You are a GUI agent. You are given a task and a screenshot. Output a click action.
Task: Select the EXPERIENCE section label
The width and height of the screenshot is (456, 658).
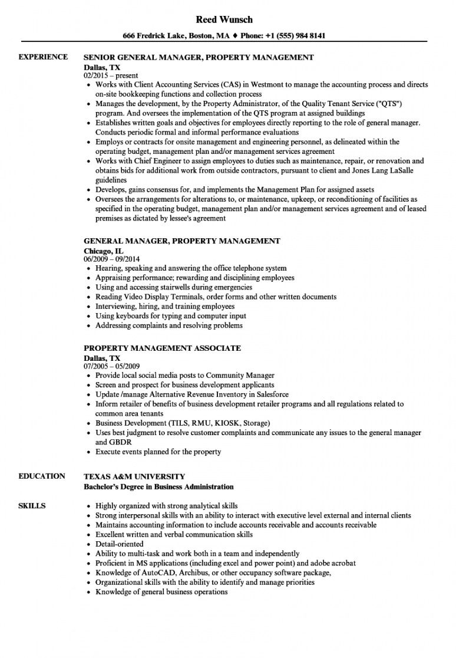[43, 57]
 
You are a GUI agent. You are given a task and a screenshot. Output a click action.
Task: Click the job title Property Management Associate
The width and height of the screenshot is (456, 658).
[162, 348]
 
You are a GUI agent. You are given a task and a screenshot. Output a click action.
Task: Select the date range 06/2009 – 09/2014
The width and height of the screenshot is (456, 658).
[112, 259]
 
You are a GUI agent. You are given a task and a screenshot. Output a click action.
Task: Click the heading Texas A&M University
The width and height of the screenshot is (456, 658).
[134, 476]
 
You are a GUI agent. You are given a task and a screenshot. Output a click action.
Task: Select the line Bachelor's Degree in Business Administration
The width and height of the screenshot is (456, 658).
[158, 487]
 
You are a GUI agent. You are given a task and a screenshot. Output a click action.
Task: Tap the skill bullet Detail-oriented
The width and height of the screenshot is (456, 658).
[119, 544]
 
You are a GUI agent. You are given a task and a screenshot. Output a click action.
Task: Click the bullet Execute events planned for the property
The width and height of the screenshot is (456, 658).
[158, 452]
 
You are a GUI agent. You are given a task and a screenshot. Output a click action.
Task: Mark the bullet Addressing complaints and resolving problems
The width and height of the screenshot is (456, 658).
[168, 325]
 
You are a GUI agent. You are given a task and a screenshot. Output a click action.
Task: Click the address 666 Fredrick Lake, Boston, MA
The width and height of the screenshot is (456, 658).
[176, 35]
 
